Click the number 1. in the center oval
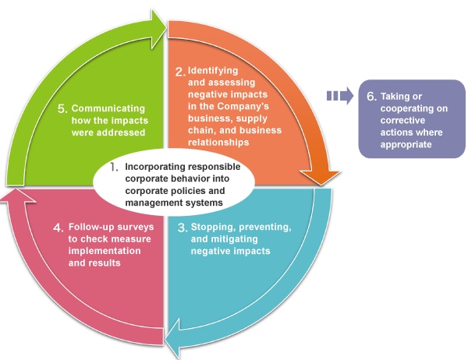tap(113, 166)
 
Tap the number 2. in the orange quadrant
tap(180, 72)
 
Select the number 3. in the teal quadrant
tap(183, 228)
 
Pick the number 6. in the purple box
tap(372, 95)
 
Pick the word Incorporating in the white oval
tap(154, 167)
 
